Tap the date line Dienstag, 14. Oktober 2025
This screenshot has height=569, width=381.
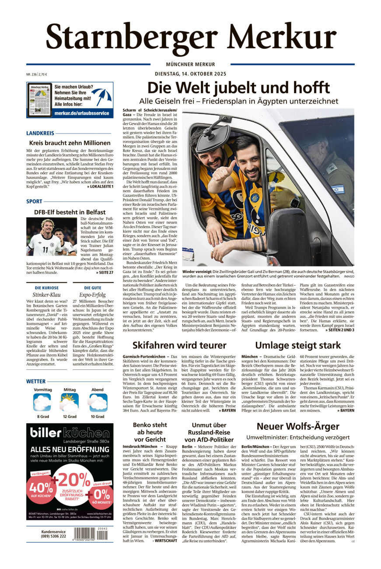coord(190,74)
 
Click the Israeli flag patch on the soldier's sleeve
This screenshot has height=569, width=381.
coord(337,189)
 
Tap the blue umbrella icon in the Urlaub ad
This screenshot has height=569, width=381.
coord(101,96)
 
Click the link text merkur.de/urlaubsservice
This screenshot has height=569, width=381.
coord(82,113)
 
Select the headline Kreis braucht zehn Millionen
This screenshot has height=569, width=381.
coord(70,143)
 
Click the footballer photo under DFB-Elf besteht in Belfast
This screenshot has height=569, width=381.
coord(52,236)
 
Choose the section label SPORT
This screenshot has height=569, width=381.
coord(34,201)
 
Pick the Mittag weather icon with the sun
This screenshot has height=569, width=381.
coord(70,401)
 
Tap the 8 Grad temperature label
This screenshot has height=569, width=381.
coord(43,416)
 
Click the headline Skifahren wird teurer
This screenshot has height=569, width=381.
coord(179,345)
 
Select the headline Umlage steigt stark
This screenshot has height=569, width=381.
coord(298,345)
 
